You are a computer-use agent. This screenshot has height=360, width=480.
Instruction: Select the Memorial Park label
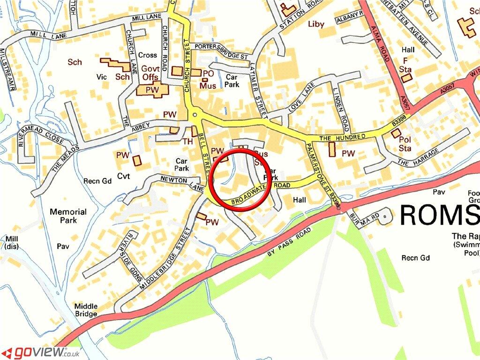[x=68, y=216]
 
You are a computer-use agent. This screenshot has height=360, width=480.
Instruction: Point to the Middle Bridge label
[x=86, y=310]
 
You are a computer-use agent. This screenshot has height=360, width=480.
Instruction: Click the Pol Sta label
[x=404, y=143]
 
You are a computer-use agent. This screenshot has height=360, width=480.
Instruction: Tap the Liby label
[x=316, y=24]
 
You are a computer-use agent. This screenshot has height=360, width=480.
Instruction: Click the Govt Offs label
[x=150, y=73]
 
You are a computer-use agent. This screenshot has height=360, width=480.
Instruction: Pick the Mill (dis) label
[x=11, y=242]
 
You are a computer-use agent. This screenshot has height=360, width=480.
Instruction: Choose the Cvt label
[x=123, y=176]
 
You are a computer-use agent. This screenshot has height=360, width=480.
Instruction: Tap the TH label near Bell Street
[x=187, y=141]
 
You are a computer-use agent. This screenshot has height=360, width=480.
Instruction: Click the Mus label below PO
[x=208, y=86]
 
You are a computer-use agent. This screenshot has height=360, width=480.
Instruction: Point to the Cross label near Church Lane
[x=148, y=55]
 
